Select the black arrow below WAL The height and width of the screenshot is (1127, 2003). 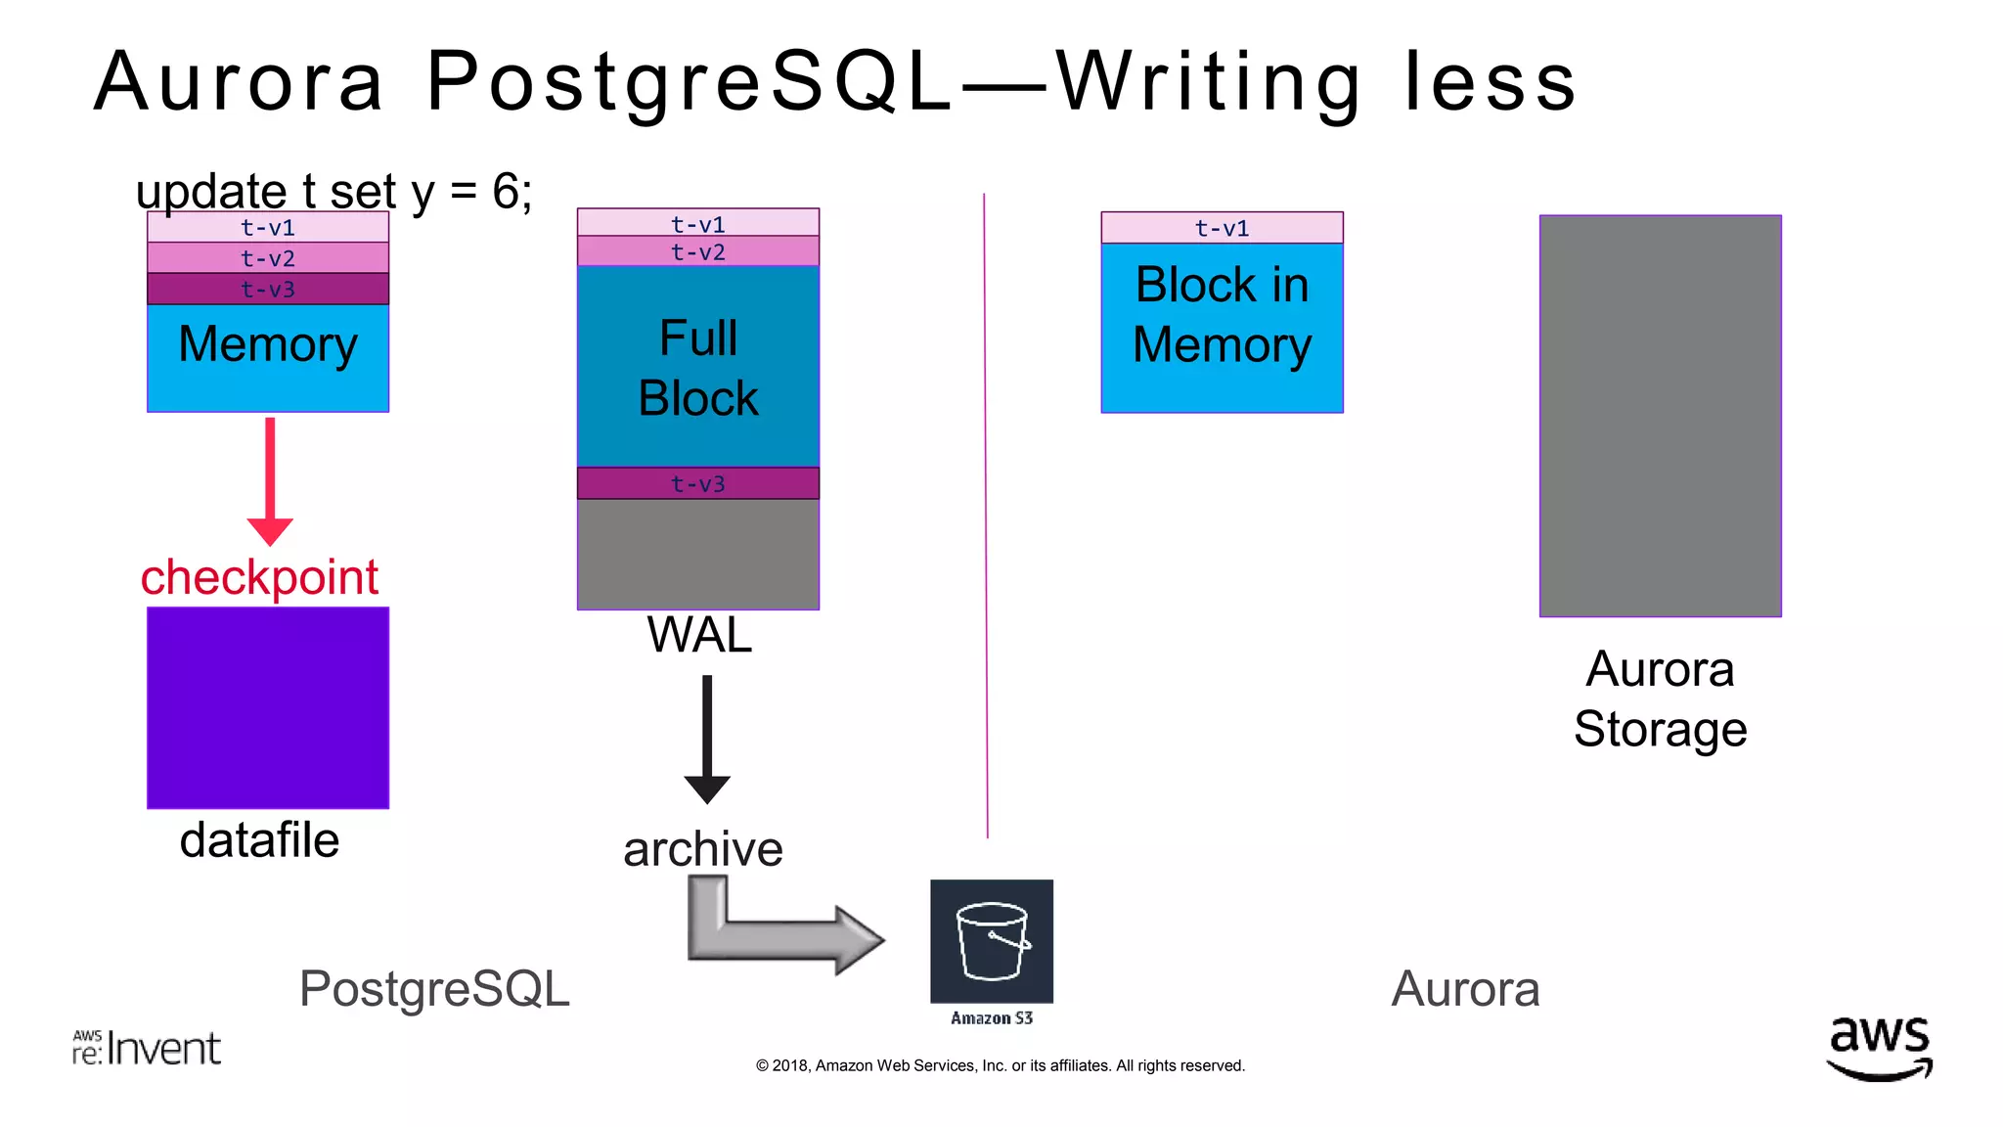(707, 739)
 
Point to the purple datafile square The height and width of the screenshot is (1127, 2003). (268, 707)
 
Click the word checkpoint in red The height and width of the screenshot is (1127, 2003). (259, 577)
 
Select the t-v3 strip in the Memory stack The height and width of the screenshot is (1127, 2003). (268, 290)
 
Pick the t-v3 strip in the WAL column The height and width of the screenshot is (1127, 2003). (697, 483)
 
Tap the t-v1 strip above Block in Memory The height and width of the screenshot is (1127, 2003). (1222, 228)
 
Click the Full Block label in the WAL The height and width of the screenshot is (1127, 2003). (697, 368)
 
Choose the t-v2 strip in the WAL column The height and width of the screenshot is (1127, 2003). (697, 252)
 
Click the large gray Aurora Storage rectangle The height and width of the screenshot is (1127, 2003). (1660, 416)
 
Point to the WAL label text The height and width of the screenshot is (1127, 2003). (699, 635)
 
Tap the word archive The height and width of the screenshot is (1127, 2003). (703, 848)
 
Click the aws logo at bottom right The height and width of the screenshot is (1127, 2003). (1879, 1048)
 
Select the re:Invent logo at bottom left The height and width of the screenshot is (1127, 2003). (147, 1048)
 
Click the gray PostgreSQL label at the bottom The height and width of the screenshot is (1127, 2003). (434, 988)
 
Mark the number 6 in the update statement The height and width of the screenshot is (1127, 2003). (507, 191)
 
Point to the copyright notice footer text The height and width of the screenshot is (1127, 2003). (1000, 1065)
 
